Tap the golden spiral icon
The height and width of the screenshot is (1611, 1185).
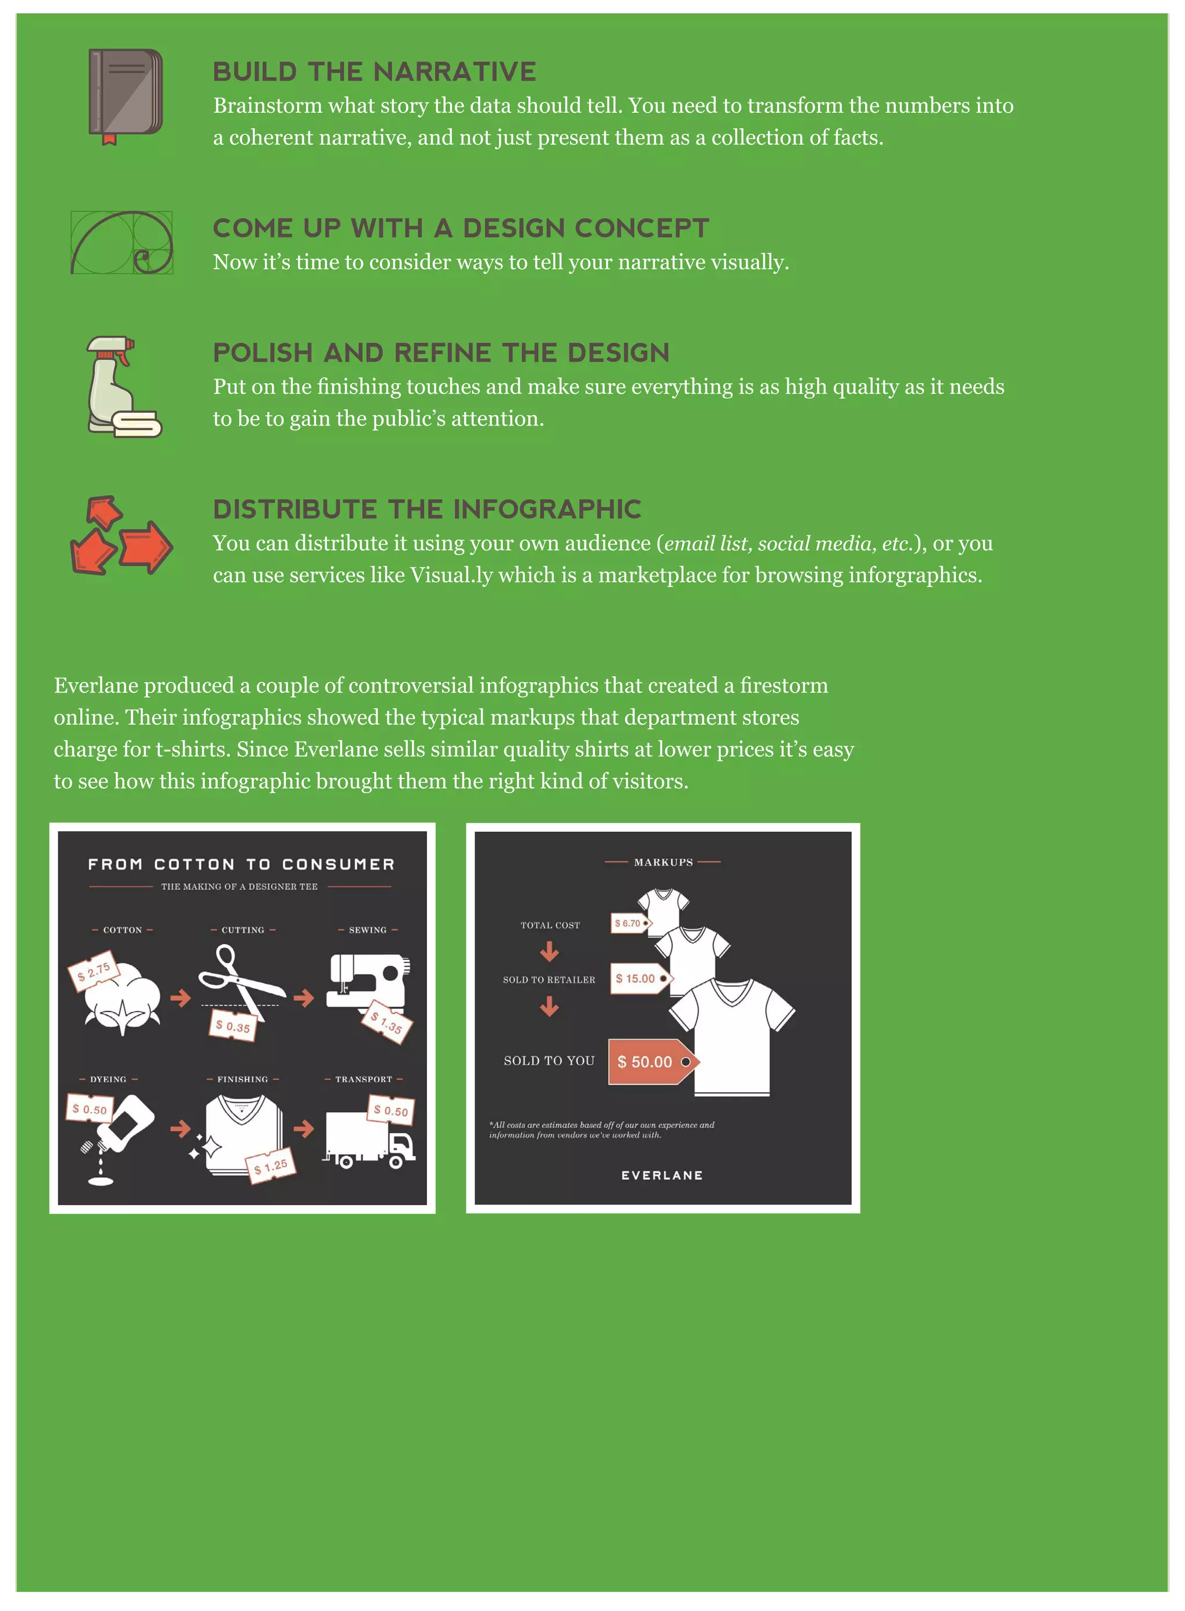tap(122, 243)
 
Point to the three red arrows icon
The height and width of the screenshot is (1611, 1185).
tap(120, 535)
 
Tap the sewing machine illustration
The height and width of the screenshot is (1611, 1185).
tap(368, 981)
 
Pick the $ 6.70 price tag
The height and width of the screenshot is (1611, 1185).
tap(629, 923)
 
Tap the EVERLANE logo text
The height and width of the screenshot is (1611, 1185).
tap(662, 1176)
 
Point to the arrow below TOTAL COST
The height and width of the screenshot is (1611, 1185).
tap(550, 952)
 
